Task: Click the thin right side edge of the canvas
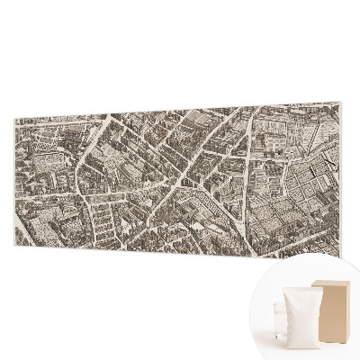pos(347,180)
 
